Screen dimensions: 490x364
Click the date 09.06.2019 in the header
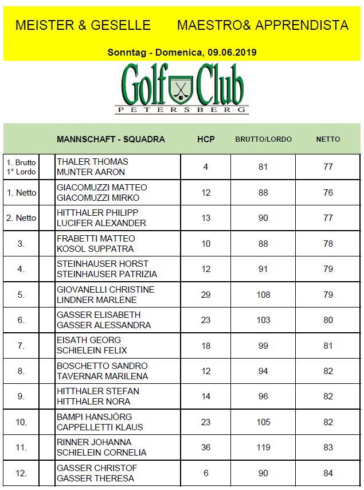click(x=229, y=52)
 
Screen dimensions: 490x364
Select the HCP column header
click(x=206, y=139)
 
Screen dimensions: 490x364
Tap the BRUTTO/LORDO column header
click(x=263, y=139)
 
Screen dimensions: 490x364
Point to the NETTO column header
click(x=328, y=139)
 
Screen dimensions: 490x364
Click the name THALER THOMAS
click(x=92, y=162)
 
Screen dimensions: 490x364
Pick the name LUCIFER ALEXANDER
click(x=101, y=223)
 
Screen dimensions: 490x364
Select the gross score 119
click(x=263, y=448)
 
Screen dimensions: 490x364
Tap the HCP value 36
click(x=206, y=448)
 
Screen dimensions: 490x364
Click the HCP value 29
click(x=206, y=294)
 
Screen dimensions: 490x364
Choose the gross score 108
click(x=263, y=294)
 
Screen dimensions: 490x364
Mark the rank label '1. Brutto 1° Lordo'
click(x=21, y=167)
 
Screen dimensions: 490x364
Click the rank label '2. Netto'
click(x=21, y=217)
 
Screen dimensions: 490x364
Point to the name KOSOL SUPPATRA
click(x=95, y=248)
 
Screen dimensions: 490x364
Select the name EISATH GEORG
click(x=89, y=340)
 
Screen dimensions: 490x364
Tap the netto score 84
click(x=328, y=473)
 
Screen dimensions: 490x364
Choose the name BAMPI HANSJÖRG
click(x=94, y=417)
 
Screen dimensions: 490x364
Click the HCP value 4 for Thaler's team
click(x=206, y=167)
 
